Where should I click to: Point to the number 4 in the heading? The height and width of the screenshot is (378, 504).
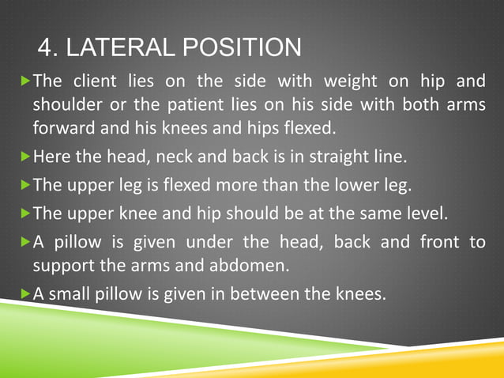(x=45, y=47)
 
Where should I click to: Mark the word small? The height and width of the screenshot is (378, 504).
(x=72, y=294)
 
